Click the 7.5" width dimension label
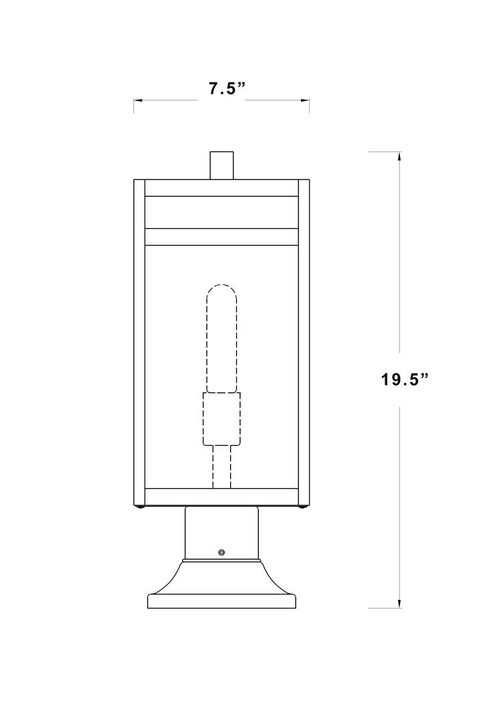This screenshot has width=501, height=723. tap(223, 89)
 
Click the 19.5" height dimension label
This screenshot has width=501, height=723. tap(404, 380)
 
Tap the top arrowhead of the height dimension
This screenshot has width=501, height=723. tap(399, 157)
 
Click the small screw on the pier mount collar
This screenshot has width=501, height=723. tap(222, 552)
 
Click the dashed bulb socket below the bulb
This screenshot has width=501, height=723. tap(221, 419)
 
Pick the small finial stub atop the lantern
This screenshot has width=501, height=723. tap(222, 165)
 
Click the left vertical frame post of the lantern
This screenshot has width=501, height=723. tap(140, 341)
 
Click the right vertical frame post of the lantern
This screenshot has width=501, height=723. tap(303, 341)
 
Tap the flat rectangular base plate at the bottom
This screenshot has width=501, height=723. tap(222, 600)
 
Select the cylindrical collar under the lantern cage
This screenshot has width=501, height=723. tap(222, 532)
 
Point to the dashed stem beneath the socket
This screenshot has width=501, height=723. tap(221, 467)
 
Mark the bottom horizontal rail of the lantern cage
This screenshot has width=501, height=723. tap(221, 497)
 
